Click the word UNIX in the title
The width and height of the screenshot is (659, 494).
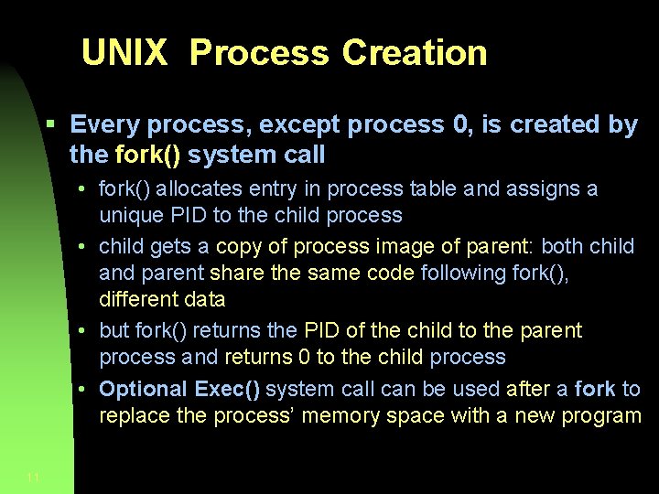124,53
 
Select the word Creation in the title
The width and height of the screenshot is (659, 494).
415,53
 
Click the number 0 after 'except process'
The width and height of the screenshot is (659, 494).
462,124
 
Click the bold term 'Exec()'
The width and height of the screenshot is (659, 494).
227,390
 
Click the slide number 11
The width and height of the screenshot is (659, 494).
33,477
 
